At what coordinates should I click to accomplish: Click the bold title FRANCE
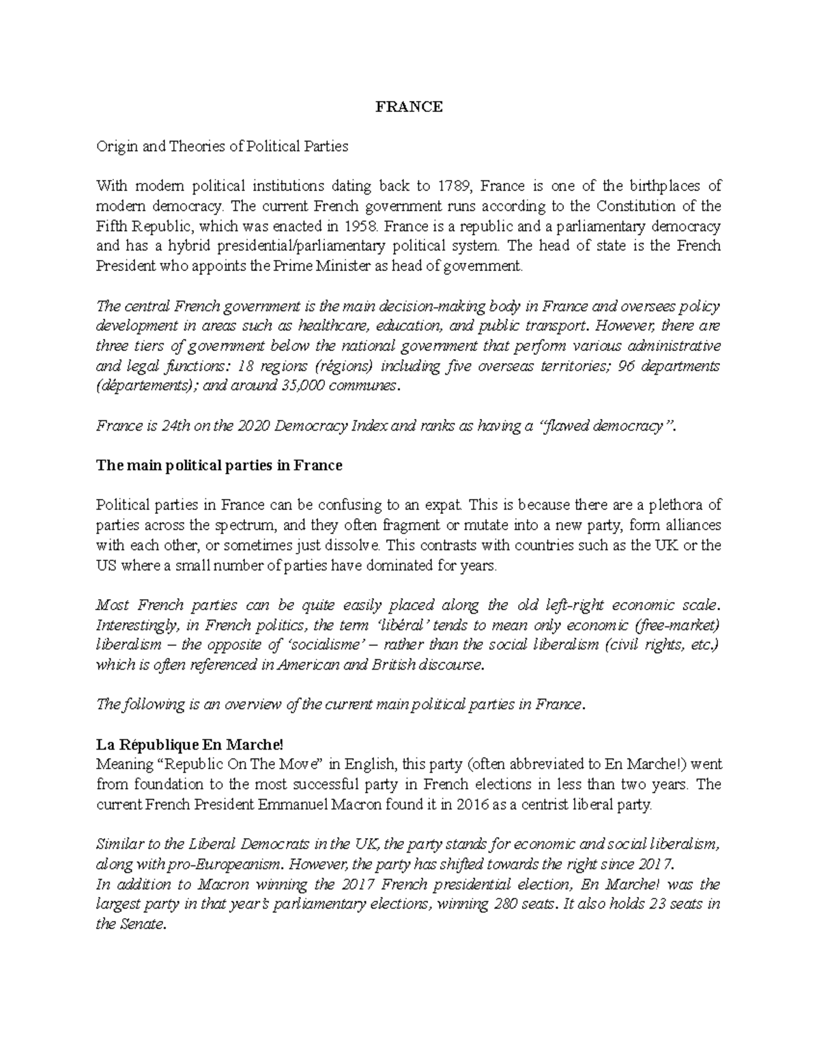tap(409, 106)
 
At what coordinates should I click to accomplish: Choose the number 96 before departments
tap(627, 366)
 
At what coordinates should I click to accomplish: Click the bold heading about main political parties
tap(219, 465)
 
